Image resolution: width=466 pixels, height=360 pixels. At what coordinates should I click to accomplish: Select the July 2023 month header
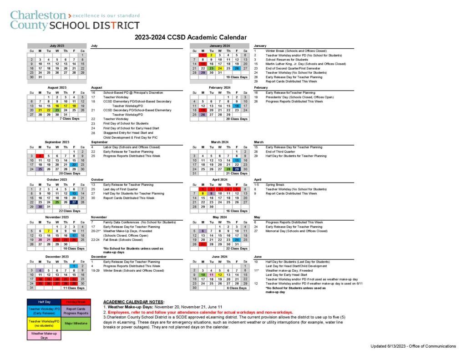pyautogui.click(x=57, y=46)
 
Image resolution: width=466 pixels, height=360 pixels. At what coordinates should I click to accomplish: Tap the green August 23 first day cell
pyautogui.click(x=57, y=110)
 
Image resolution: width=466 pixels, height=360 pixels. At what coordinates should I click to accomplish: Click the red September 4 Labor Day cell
pyautogui.click(x=40, y=156)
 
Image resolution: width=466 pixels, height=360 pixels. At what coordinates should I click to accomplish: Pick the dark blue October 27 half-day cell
pyautogui.click(x=74, y=203)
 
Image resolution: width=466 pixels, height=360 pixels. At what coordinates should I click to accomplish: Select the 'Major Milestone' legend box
pyautogui.click(x=76, y=323)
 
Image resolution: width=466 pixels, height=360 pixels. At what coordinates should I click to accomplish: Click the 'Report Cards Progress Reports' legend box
pyautogui.click(x=76, y=311)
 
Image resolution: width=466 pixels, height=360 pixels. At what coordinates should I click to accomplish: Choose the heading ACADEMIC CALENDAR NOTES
pyautogui.click(x=134, y=302)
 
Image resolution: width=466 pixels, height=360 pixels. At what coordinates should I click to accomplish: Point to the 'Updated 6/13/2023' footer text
pyautogui.click(x=413, y=346)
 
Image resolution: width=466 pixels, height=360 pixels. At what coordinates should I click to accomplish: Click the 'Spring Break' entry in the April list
pyautogui.click(x=275, y=185)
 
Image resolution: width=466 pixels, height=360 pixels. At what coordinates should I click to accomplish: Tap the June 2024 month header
pyautogui.click(x=220, y=257)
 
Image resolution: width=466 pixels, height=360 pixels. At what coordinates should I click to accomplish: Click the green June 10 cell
pyautogui.click(x=203, y=275)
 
